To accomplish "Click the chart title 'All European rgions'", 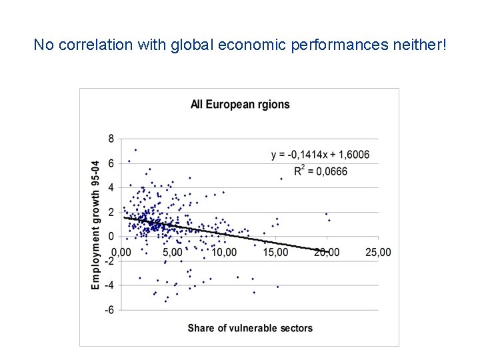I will (240, 104).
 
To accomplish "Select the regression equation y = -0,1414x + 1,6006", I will (320, 155).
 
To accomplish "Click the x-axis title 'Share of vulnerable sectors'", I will (250, 327).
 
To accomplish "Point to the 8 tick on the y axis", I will (111, 139).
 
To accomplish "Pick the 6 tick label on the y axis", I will (111, 163).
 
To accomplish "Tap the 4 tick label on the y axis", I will (111, 187).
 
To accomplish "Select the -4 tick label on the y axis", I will (109, 285).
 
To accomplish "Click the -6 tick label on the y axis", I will (109, 310).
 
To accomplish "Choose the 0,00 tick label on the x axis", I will (121, 253).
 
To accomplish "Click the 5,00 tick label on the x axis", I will (172, 253).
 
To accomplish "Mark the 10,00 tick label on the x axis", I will (224, 253).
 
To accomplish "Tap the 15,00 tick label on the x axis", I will (275, 253).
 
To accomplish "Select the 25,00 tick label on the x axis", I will (379, 253).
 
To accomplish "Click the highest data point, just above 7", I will (135, 150).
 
